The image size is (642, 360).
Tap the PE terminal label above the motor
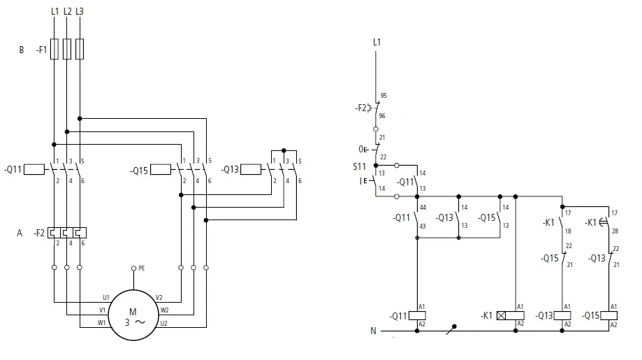coord(142,268)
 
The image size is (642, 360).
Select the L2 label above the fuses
coord(67,12)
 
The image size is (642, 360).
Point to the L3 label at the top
coord(80,12)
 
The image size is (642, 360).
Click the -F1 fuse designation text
coord(42,50)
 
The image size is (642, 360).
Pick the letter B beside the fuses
coord(22,50)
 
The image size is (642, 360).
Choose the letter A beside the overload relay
coord(20,233)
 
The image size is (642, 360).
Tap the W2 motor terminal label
coord(164,310)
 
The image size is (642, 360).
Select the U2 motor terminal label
coord(164,322)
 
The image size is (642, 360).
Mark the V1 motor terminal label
coord(102,310)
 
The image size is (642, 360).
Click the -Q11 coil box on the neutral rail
coord(417,315)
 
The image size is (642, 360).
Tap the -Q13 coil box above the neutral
coord(562,315)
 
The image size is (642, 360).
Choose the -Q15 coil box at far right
coord(608,315)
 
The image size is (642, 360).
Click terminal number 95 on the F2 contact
coord(383,96)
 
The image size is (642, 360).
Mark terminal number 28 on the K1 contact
coord(615,231)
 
